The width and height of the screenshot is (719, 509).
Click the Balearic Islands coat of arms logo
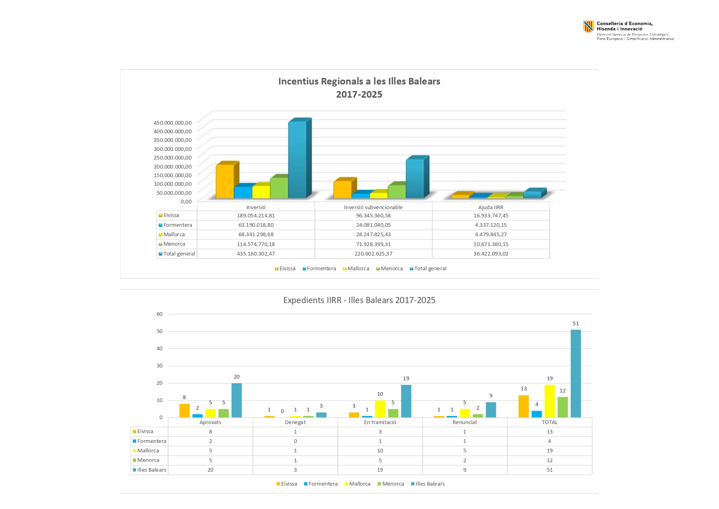pyautogui.click(x=588, y=27)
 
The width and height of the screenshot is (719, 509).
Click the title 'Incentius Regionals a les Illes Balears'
pyautogui.click(x=359, y=81)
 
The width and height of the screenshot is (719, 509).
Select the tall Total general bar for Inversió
pyautogui.click(x=297, y=160)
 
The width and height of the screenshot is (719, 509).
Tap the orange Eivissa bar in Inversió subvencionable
pyautogui.click(x=342, y=189)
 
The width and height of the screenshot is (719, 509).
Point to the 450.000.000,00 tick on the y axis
pyautogui.click(x=173, y=123)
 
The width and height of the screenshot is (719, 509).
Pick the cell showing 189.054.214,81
pyautogui.click(x=256, y=215)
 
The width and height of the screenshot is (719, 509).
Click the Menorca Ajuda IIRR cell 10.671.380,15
pyautogui.click(x=491, y=244)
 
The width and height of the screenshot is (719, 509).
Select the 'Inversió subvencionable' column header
pyautogui.click(x=373, y=207)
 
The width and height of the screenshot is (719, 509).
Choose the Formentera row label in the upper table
pyautogui.click(x=177, y=225)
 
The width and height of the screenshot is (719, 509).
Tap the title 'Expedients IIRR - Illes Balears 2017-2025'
pyautogui.click(x=359, y=300)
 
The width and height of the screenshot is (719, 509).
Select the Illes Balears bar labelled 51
pyautogui.click(x=576, y=373)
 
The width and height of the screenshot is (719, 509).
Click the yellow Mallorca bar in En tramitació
pyautogui.click(x=380, y=409)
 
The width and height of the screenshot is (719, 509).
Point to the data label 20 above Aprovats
pyautogui.click(x=237, y=377)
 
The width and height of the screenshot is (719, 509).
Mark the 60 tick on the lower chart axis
pyautogui.click(x=159, y=314)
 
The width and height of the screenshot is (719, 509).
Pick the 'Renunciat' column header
pyautogui.click(x=464, y=422)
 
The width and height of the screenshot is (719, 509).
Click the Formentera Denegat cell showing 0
pyautogui.click(x=295, y=441)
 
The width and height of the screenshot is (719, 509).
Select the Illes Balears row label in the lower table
pyautogui.click(x=151, y=470)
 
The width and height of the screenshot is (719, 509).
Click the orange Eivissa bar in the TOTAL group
pyautogui.click(x=523, y=406)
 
